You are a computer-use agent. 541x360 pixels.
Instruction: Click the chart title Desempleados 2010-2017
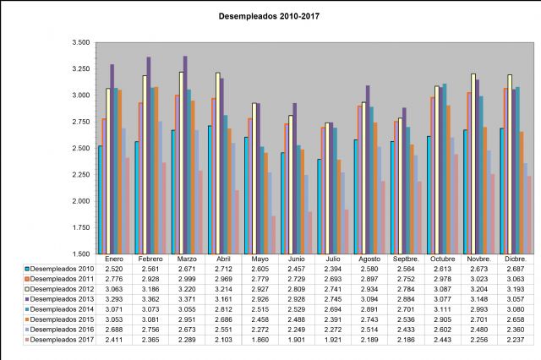[x=269, y=15]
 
